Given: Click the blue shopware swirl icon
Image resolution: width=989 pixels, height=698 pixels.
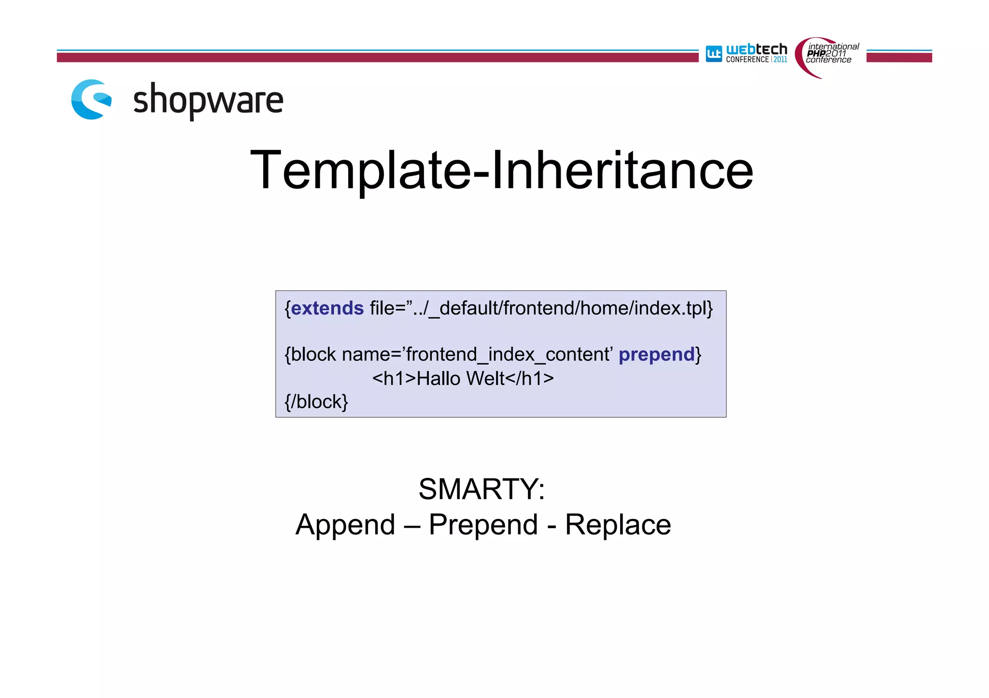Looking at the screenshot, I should pyautogui.click(x=91, y=99).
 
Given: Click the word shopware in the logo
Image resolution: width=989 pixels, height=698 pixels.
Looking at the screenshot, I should pyautogui.click(x=208, y=100).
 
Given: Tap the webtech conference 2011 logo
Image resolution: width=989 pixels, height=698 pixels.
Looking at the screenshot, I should pyautogui.click(x=747, y=54).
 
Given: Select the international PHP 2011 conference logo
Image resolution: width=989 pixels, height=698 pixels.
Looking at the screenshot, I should pyautogui.click(x=828, y=55).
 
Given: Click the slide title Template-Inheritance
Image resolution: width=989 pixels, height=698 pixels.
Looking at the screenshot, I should pyautogui.click(x=501, y=170).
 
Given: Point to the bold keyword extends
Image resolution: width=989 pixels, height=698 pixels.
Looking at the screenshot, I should pyautogui.click(x=327, y=308).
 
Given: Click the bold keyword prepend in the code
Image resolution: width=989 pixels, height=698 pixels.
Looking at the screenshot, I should pyautogui.click(x=656, y=355).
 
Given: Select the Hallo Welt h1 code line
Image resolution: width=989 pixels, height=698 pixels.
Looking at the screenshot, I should pyautogui.click(x=463, y=379).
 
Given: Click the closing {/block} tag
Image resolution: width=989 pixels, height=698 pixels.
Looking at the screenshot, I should pyautogui.click(x=316, y=402).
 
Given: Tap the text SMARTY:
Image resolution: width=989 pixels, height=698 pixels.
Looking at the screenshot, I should pyautogui.click(x=481, y=489).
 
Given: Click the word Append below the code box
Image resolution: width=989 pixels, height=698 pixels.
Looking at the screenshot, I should pyautogui.click(x=345, y=525).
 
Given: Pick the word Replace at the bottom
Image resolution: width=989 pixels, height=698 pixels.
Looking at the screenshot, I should pyautogui.click(x=618, y=525).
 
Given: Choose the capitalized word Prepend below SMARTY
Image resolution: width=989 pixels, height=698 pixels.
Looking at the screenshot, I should pyautogui.click(x=483, y=525).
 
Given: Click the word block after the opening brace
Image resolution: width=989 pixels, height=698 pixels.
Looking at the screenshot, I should pyautogui.click(x=313, y=355).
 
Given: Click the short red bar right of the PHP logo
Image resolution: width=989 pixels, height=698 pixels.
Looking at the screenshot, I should pyautogui.click(x=899, y=57).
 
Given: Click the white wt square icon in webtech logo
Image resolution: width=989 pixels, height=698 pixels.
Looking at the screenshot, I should pyautogui.click(x=714, y=54).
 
